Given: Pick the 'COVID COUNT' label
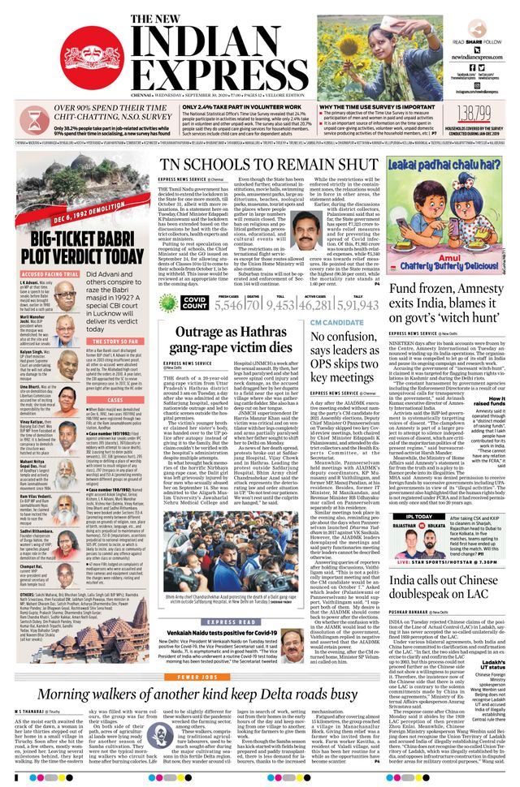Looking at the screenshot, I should (x=195, y=302).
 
